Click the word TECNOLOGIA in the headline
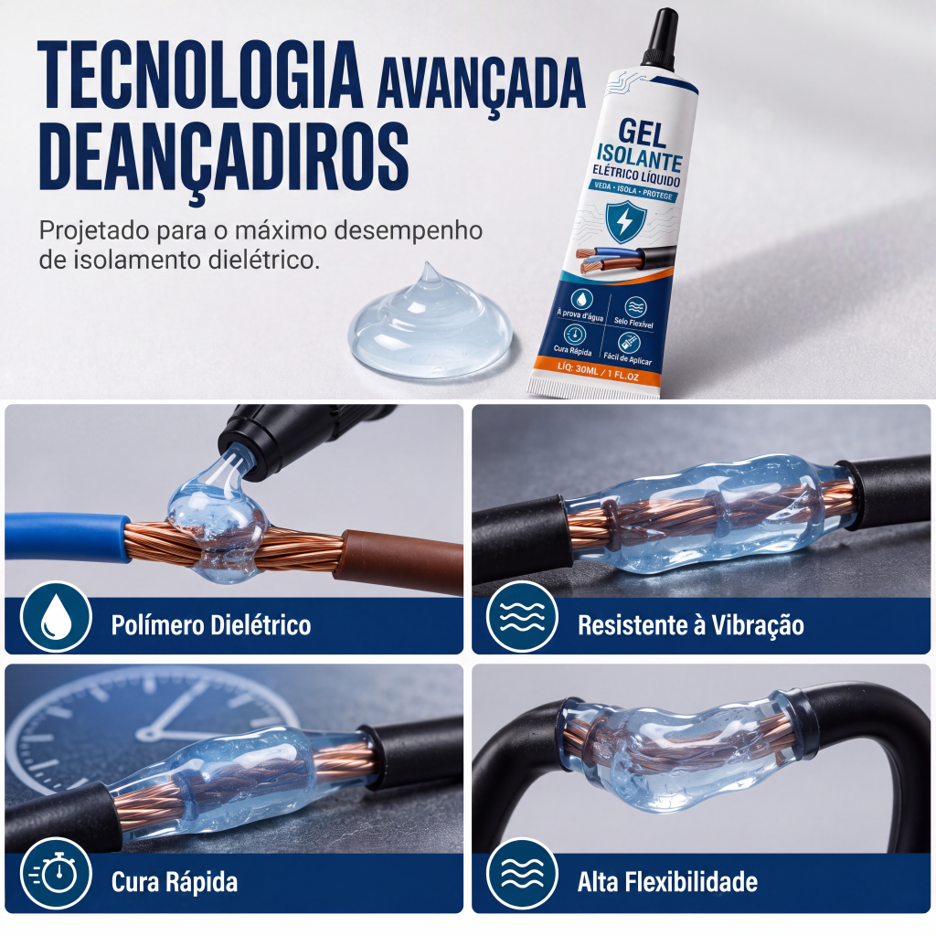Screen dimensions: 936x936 coord(200,75)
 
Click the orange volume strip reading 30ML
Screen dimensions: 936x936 coord(597,371)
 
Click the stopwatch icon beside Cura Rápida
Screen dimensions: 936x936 coord(56,875)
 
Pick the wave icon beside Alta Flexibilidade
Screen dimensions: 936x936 coord(522,875)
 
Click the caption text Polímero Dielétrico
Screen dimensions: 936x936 coord(211,625)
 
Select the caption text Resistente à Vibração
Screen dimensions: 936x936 coord(691,625)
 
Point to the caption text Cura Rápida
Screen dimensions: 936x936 coord(175,882)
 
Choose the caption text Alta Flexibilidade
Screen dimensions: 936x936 coord(667,882)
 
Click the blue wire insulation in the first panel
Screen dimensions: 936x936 coord(66,537)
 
